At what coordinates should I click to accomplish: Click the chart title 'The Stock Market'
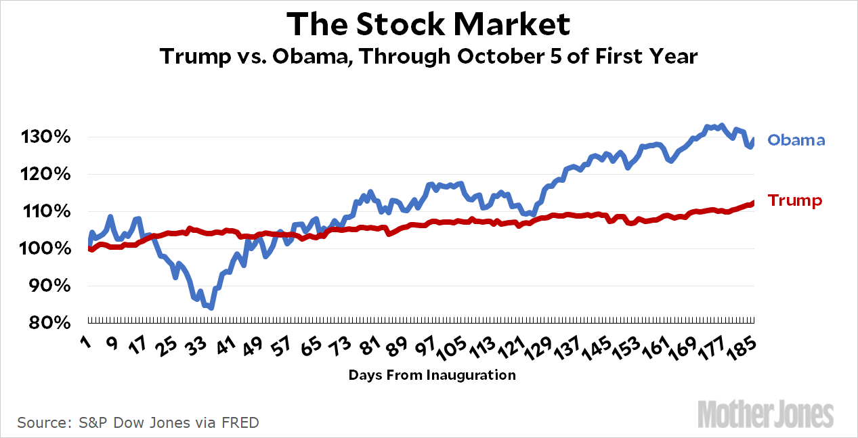[429, 24]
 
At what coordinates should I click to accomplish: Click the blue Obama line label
[796, 141]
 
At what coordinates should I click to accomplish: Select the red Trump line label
[795, 200]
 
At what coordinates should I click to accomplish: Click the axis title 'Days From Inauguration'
[432, 375]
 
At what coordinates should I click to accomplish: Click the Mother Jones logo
[765, 414]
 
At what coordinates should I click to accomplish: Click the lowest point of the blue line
[211, 308]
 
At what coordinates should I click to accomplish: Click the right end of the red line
[754, 202]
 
